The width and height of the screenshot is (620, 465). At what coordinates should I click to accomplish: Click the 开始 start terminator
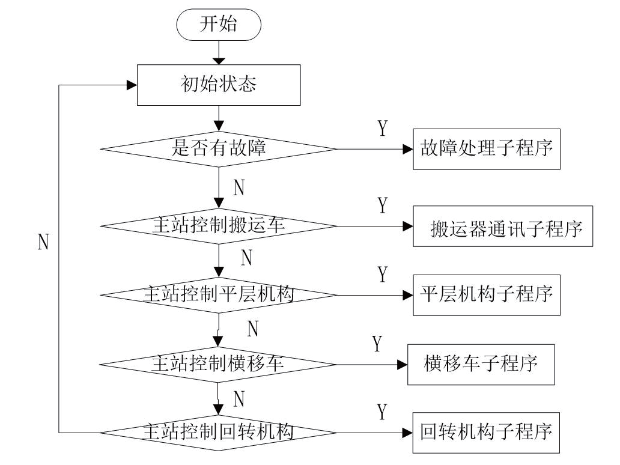(218, 26)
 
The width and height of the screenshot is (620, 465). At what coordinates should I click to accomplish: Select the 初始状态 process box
(218, 85)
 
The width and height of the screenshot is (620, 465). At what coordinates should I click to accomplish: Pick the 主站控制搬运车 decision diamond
(218, 226)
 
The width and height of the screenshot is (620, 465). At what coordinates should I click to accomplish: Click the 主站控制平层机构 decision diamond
(218, 294)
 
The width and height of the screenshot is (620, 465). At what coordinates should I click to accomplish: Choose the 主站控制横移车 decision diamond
(218, 364)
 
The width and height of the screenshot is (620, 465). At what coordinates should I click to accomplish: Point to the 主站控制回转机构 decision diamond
(218, 432)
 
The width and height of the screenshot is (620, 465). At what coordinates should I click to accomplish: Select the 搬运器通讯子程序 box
(503, 226)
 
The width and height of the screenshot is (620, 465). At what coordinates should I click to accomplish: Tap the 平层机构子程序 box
(486, 295)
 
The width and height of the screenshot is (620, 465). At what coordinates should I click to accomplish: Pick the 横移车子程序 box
(481, 364)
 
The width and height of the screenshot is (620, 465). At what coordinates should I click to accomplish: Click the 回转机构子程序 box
(486, 433)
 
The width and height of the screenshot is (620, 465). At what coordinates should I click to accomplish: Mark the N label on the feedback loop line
(43, 242)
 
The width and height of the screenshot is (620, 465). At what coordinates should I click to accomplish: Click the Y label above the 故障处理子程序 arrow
(382, 129)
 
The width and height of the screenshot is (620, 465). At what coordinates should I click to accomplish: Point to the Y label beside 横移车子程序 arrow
(377, 344)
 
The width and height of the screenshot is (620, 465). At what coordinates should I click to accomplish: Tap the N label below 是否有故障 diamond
(239, 188)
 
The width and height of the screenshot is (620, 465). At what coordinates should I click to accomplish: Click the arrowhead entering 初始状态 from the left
(132, 85)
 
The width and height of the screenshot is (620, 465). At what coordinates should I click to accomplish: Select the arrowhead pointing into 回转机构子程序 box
(408, 433)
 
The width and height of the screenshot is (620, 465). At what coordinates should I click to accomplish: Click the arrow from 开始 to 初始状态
(218, 54)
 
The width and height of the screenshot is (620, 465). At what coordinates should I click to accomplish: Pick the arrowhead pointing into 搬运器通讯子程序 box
(408, 226)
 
